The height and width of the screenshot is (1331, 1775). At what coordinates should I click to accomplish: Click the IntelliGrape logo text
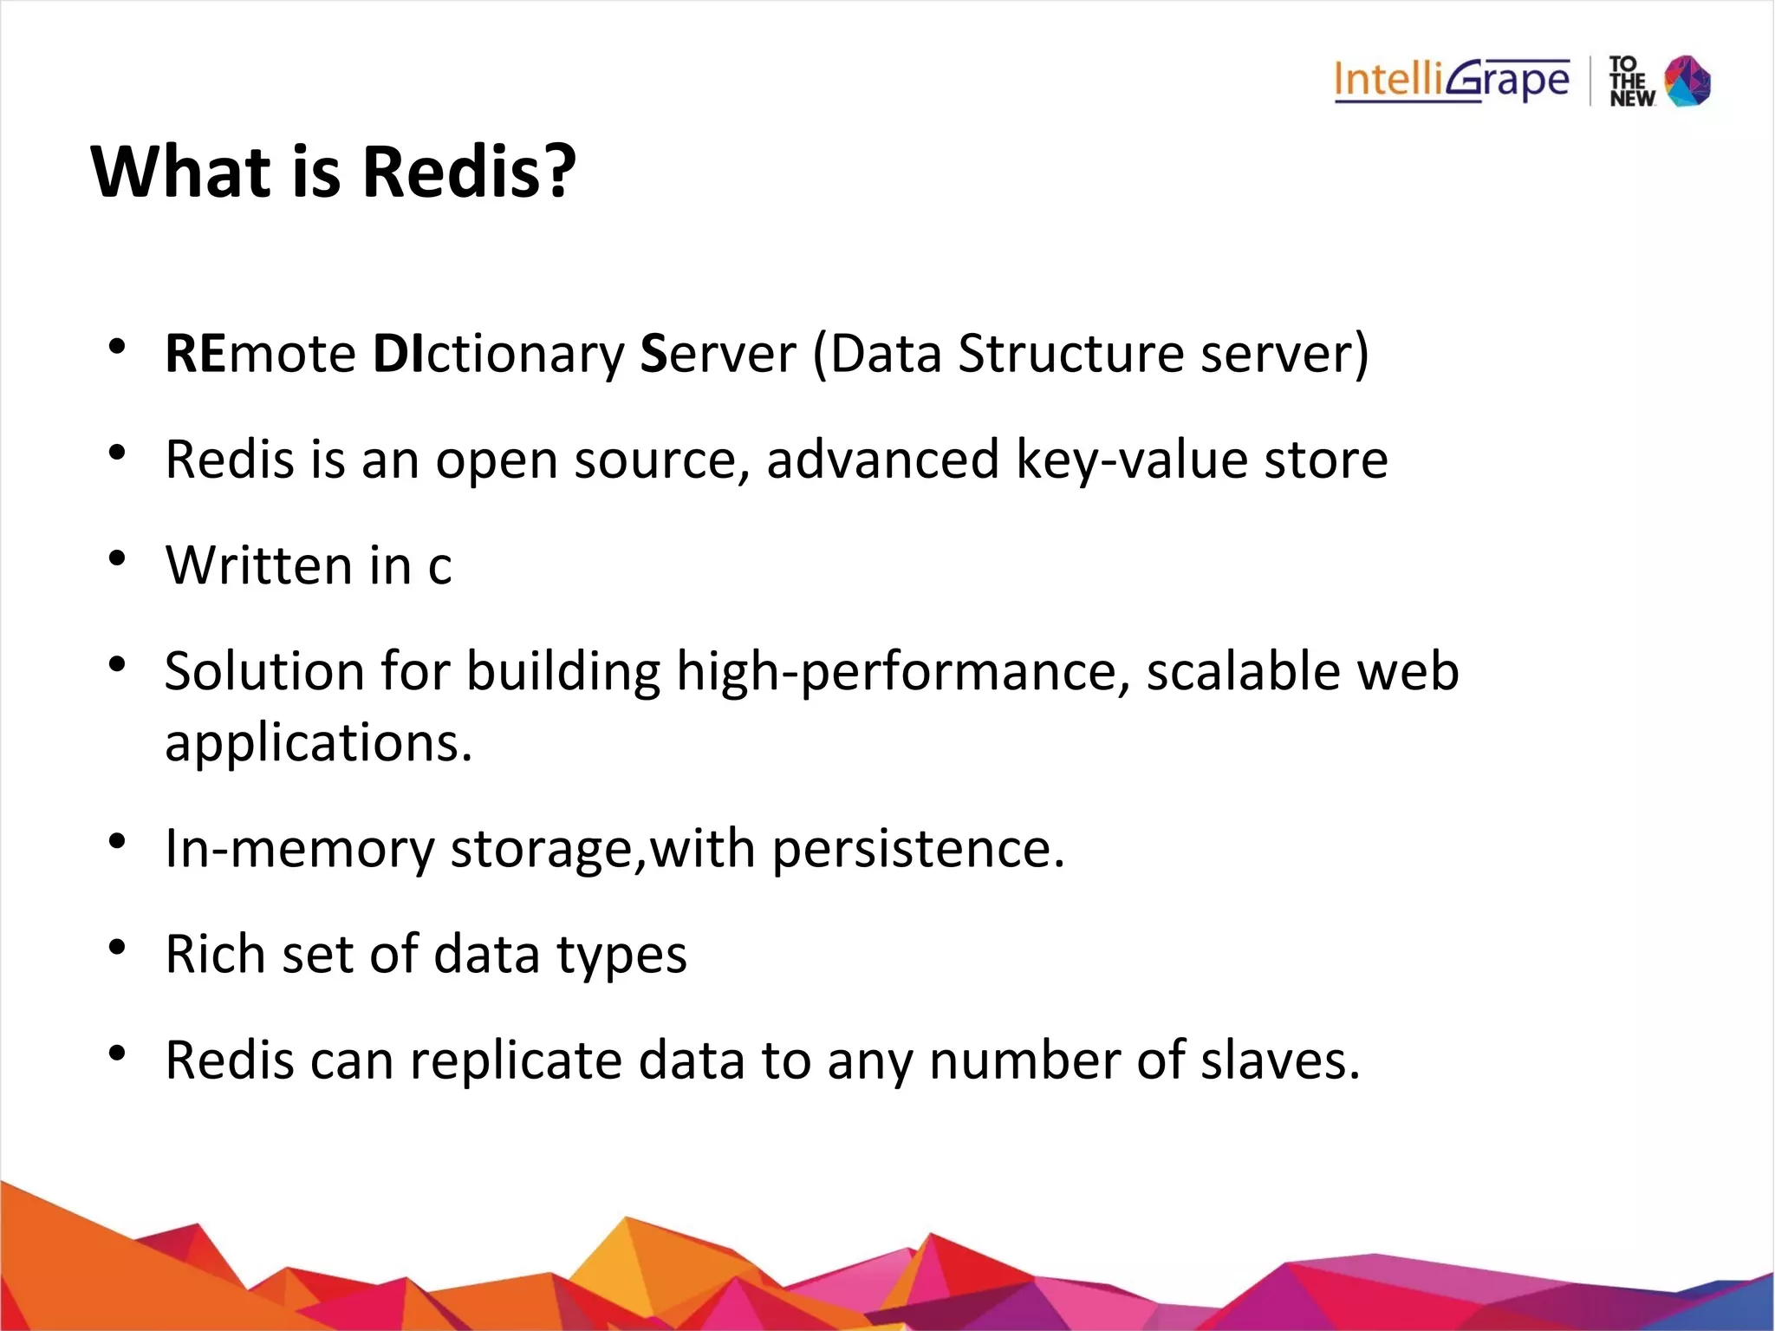click(1451, 81)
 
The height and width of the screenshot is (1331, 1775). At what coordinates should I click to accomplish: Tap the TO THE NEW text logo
click(1630, 82)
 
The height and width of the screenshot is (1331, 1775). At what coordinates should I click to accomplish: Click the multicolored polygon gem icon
click(1687, 81)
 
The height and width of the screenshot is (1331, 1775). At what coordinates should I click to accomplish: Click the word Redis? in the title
click(468, 171)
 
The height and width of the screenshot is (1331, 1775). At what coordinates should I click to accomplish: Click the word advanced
click(881, 460)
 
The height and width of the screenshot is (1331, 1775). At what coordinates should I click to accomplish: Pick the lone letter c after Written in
click(439, 567)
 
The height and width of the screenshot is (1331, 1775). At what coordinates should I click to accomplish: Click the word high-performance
click(902, 673)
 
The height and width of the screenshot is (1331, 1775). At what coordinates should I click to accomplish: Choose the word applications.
click(318, 744)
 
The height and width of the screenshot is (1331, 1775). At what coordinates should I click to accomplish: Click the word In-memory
click(299, 849)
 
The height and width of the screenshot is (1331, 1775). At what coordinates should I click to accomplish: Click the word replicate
click(515, 1061)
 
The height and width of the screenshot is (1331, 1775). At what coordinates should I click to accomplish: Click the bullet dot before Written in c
click(118, 559)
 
